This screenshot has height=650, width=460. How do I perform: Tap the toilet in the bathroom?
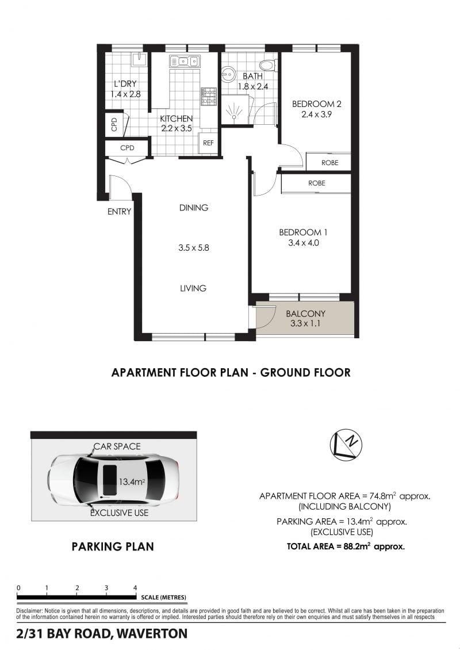(268, 65)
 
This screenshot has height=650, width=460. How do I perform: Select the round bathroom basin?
(227, 75)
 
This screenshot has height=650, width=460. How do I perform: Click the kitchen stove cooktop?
(209, 96)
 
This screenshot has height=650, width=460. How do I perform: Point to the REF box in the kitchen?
(209, 143)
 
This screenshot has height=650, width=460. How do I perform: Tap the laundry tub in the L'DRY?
(139, 59)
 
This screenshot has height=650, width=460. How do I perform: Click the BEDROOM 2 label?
(317, 104)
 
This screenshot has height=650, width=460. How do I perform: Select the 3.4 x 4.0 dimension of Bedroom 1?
(304, 243)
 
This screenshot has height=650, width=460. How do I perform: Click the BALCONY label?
(305, 314)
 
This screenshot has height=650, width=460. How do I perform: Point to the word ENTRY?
(120, 212)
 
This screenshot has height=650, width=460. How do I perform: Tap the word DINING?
(194, 208)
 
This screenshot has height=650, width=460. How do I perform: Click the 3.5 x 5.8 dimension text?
(194, 248)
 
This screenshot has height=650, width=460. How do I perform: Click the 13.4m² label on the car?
(132, 482)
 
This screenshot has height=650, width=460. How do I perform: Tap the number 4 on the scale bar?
(135, 588)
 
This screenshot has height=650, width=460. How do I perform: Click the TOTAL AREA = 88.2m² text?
(346, 546)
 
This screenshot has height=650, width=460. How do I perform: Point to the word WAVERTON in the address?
(152, 634)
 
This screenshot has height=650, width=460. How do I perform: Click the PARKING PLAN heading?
(113, 547)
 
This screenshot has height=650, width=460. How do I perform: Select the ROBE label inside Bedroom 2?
(330, 163)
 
